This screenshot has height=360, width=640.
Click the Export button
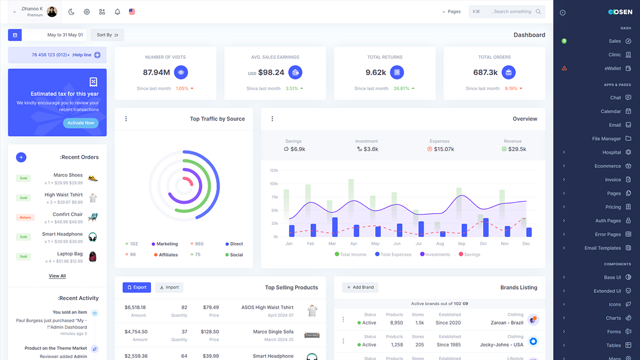pos(136,287)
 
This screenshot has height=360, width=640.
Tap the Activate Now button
pos(80,123)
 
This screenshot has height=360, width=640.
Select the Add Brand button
pos(360,287)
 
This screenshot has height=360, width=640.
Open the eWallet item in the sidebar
pos(612,68)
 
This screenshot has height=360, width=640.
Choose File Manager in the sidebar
pos(606,138)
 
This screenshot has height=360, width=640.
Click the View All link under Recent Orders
pos(57,276)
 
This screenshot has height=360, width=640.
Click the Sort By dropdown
pos(107,35)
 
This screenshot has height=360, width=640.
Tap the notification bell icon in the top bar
pos(117,11)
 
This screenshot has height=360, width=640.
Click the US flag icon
pos(132,11)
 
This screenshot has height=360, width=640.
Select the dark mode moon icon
pos(71,11)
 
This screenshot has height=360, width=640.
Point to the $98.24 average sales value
pos(271,72)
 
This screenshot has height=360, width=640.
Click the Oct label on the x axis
pos(483,243)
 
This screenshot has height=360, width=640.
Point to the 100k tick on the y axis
pos(273,183)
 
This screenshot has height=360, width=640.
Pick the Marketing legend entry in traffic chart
pos(166,244)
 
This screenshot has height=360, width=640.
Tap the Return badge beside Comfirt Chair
pos(25,217)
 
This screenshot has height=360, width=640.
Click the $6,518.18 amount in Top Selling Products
pos(135,307)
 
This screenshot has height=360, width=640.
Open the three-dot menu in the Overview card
pos(272,119)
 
